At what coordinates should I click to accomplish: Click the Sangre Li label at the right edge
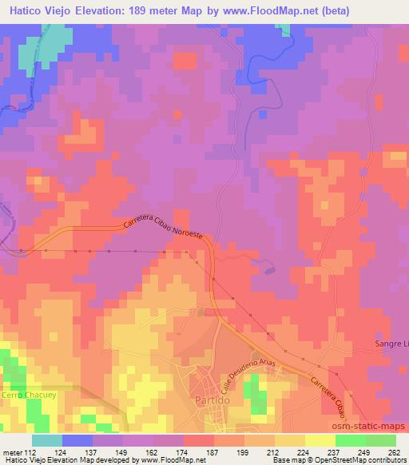(391, 343)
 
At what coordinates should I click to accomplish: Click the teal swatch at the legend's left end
(47, 439)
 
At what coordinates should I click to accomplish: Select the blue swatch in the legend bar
(77, 439)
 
